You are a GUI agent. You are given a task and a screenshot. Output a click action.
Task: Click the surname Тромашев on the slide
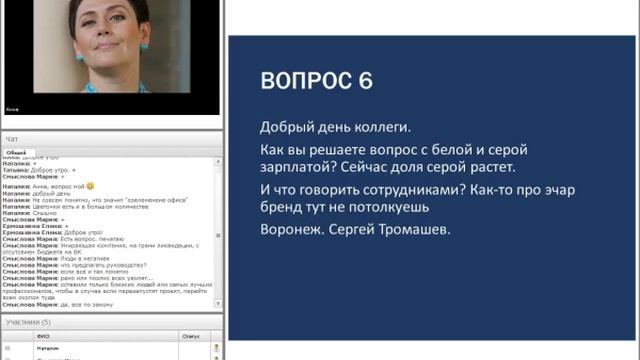[416, 230]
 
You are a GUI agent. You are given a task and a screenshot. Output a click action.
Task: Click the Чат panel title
[12, 138]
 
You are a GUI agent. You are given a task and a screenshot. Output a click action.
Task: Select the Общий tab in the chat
[16, 151]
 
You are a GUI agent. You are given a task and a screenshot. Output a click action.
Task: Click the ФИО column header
[43, 336]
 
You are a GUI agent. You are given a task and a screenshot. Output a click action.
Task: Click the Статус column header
[190, 336]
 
